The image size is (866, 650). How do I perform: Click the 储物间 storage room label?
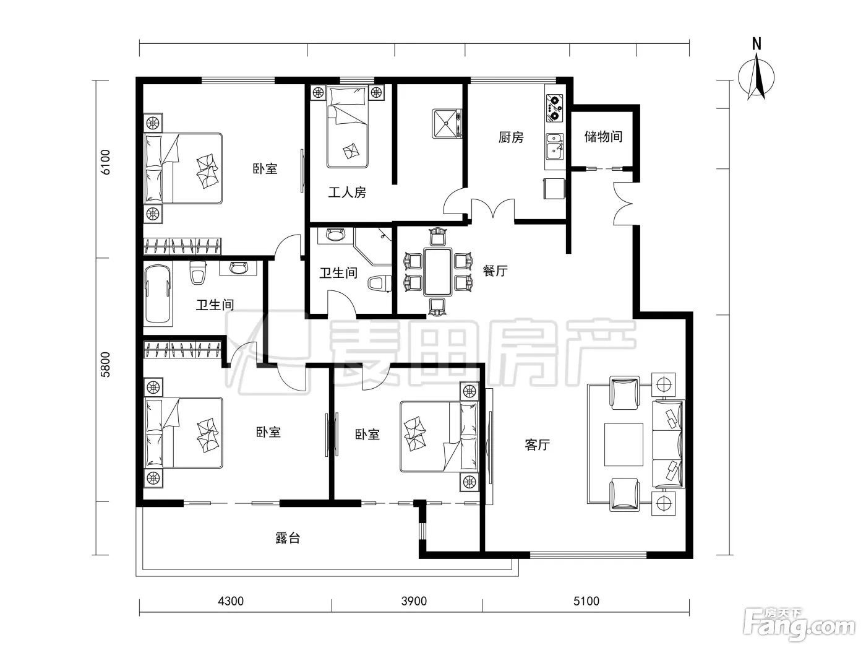[603, 137]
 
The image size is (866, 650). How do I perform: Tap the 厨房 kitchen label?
[511, 137]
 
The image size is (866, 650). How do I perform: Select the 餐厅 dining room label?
[495, 271]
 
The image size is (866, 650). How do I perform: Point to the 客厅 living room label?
[537, 444]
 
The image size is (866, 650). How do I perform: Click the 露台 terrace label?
[288, 538]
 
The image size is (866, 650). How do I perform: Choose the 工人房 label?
[347, 192]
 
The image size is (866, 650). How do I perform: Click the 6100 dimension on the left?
[105, 162]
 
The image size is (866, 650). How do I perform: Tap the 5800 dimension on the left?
[105, 365]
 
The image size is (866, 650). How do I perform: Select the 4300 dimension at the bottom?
[231, 601]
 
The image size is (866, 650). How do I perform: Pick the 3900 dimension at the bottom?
[414, 601]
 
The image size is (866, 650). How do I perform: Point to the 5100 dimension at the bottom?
[586, 601]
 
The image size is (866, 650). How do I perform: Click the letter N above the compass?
[757, 44]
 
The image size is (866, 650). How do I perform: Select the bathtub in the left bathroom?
[158, 295]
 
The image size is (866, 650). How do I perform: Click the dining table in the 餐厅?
[437, 272]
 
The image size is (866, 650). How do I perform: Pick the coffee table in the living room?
[624, 444]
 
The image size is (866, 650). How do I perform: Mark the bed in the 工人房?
[347, 126]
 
